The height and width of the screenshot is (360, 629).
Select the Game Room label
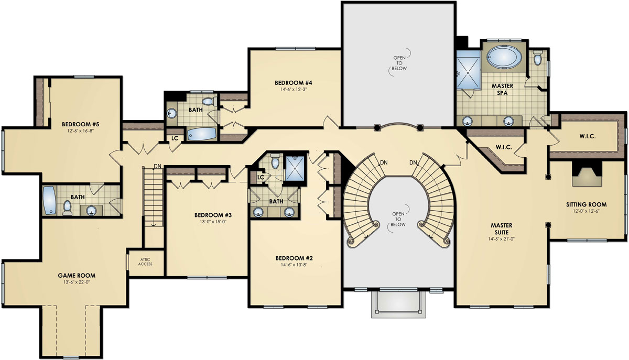click(80, 275)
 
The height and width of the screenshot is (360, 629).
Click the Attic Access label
click(145, 261)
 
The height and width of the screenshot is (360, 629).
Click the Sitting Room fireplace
click(587, 175)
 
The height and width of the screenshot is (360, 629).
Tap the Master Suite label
click(501, 228)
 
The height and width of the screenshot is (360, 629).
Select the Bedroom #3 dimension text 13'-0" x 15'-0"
click(213, 222)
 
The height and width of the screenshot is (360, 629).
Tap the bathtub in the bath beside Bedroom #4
click(201, 134)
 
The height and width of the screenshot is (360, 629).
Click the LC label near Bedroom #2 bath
click(260, 178)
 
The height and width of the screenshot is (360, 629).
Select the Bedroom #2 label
click(294, 258)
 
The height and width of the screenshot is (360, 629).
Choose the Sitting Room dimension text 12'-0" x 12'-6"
click(586, 211)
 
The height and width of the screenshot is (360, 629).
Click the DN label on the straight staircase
click(157, 167)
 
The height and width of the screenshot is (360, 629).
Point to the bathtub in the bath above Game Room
click(49, 200)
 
